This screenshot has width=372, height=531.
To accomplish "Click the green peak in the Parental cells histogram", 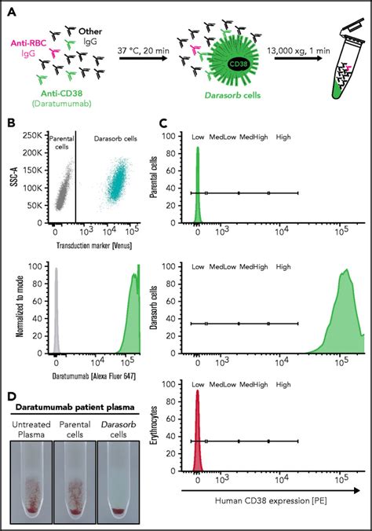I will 198,189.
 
